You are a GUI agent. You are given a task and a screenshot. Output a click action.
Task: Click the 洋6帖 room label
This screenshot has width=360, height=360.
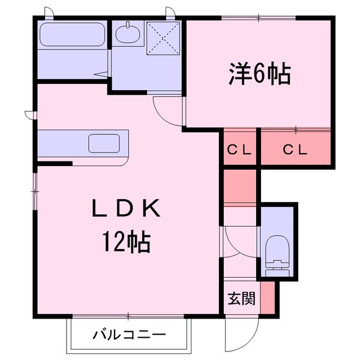259,73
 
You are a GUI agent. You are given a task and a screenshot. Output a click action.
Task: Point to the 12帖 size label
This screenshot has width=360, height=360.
127,242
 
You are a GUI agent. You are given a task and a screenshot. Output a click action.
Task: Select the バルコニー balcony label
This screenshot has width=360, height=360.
128,334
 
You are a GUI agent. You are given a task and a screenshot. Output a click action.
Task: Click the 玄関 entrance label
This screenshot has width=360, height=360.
242,298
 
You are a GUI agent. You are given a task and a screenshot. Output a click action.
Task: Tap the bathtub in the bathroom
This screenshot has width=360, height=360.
72,36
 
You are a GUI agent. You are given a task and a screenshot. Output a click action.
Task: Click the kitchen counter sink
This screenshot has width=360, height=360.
104,143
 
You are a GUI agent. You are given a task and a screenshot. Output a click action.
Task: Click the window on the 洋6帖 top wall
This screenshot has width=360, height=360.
259,18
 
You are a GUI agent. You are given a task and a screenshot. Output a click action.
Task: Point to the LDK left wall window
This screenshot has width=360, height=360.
34,191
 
